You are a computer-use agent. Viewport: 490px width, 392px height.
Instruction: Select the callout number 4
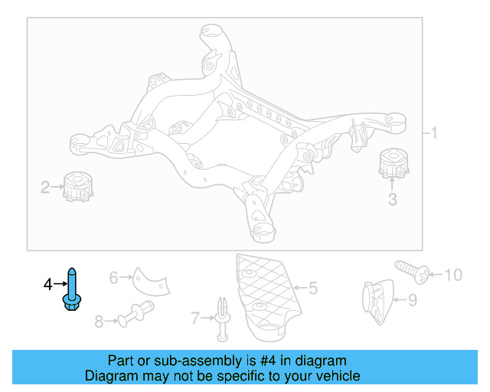click(47, 284)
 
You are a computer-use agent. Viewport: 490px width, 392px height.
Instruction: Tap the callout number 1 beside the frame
click(433, 133)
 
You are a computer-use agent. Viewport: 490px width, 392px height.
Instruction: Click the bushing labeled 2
click(79, 187)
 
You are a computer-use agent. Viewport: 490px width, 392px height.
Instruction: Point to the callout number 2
click(45, 186)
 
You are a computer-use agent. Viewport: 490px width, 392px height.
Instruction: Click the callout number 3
click(392, 201)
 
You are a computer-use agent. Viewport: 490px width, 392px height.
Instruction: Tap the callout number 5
click(312, 289)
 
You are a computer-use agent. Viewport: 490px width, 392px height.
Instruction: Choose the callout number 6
click(113, 277)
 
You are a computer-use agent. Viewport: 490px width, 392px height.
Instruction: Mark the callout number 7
click(194, 317)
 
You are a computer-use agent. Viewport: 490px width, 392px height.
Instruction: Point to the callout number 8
click(98, 322)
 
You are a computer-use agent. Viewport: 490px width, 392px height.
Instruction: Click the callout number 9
click(412, 300)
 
